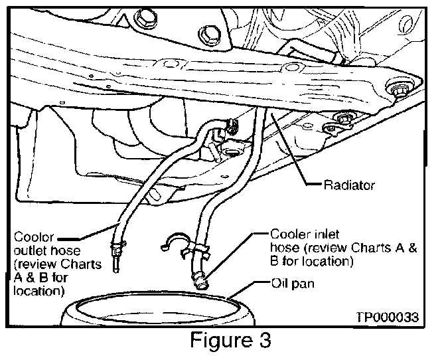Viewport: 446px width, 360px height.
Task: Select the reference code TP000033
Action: coord(389,317)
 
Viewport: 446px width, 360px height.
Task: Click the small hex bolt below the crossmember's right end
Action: coord(342,120)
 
